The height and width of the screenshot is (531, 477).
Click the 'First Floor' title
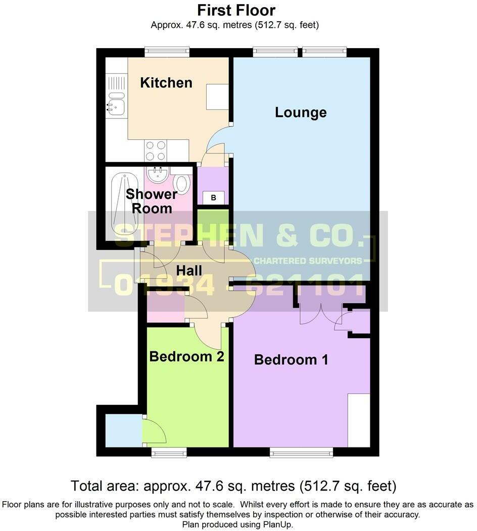[236, 10]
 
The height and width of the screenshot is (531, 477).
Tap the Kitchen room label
[166, 83]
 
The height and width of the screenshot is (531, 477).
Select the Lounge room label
[301, 112]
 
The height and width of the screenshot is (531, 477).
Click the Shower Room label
[152, 201]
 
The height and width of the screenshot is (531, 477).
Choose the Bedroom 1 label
[291, 359]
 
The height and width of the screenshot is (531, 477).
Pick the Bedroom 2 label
[186, 356]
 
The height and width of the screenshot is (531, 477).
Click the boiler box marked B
[213, 198]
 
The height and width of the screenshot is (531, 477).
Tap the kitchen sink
[116, 105]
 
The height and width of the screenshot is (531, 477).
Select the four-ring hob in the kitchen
[156, 150]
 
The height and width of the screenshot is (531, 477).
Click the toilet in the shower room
[182, 183]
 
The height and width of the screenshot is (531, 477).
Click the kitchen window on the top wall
[167, 52]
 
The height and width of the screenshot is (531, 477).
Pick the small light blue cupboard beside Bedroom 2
[123, 430]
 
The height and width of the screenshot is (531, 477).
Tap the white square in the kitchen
[217, 97]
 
